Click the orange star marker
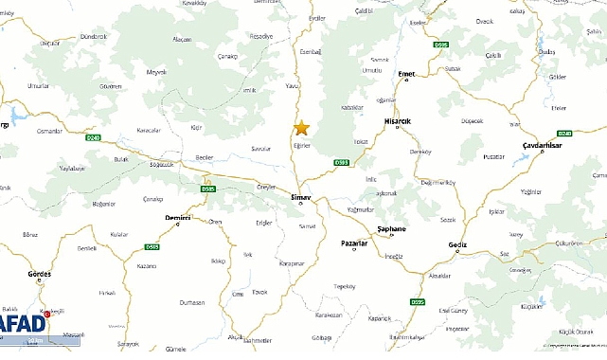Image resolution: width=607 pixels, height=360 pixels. point(302,128)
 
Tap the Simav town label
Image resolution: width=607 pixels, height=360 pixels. point(300,196)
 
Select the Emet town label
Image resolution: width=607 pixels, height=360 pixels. point(407,73)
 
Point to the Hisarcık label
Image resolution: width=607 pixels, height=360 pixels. point(397,122)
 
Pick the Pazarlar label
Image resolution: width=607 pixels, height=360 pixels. point(355,243)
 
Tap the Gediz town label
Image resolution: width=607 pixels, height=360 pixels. point(458,244)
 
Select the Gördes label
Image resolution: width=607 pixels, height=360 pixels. point(40,273)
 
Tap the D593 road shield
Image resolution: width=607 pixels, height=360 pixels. point(343,162)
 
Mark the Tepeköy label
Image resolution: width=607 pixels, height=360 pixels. point(345,285)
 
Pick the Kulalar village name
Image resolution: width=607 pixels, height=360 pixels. point(118,233)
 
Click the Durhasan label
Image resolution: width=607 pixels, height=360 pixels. point(192,301)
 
